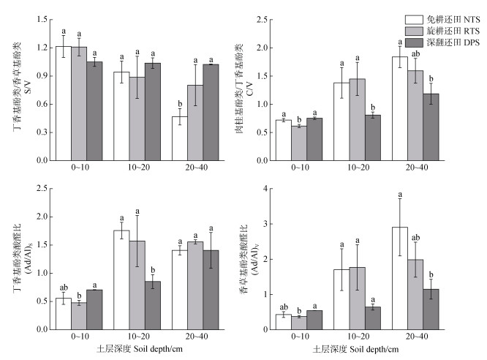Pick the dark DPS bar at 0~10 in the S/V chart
coord(94,110)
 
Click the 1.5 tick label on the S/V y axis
coord(42,19)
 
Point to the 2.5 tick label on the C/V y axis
coord(261,19)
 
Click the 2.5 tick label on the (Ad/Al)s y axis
coord(42,190)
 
